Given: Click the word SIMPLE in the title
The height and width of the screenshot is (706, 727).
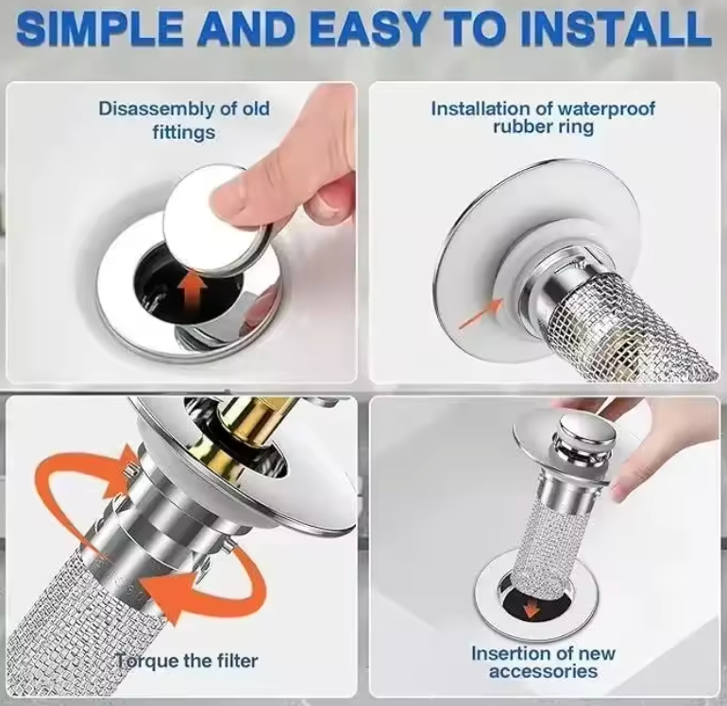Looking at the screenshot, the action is click(100, 28).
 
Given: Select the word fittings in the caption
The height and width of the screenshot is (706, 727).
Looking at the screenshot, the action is click(184, 132).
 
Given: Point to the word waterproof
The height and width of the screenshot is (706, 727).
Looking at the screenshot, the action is click(606, 109).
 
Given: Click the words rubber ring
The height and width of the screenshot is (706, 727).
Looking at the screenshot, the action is click(543, 126).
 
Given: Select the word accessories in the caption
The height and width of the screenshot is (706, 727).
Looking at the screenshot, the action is click(543, 671).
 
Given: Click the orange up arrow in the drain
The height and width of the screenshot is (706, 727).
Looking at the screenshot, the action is click(194, 292).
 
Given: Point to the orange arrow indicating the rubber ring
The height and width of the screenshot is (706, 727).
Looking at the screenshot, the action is click(481, 314).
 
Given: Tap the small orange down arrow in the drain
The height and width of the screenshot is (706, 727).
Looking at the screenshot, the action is click(532, 610).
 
